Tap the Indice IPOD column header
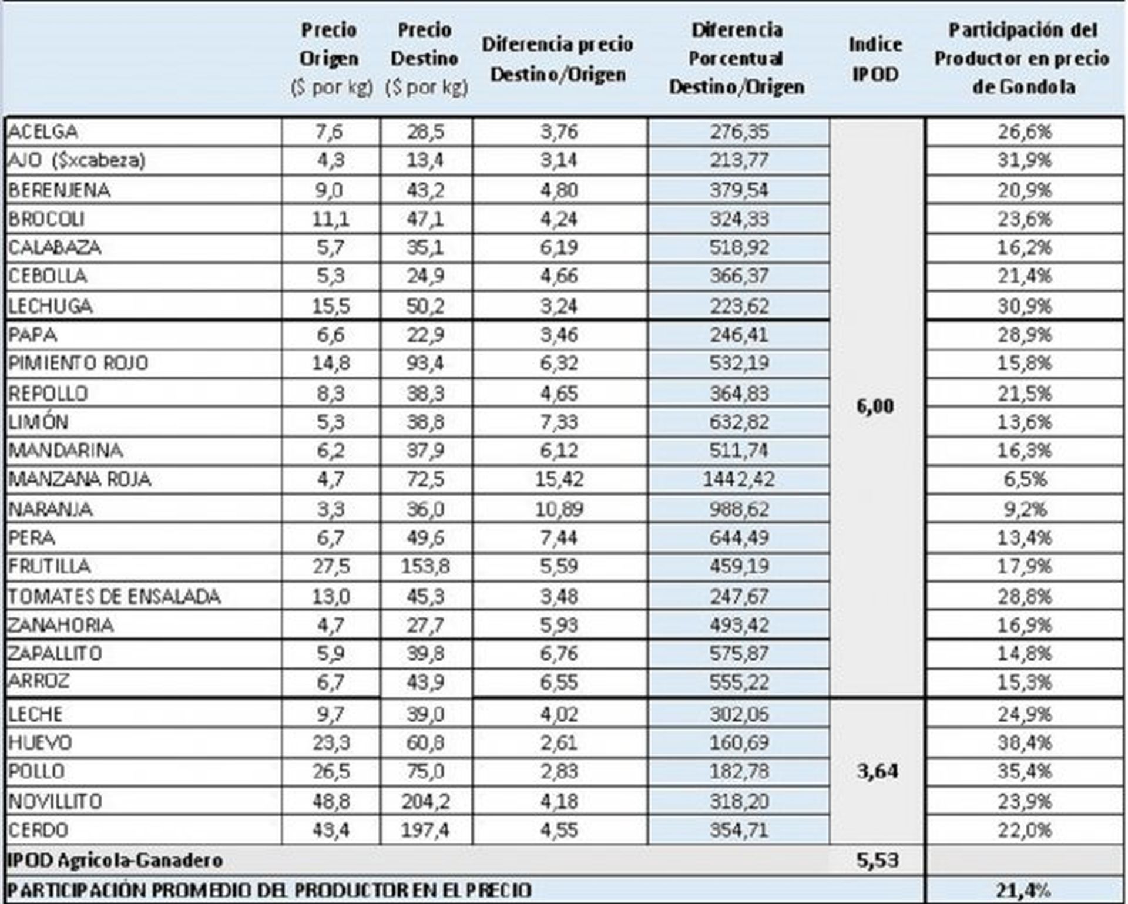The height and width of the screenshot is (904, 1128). pos(875,59)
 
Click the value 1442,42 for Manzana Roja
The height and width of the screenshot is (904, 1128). pos(738,479)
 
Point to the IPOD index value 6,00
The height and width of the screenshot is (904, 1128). pos(875,406)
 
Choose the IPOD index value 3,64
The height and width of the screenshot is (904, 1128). pos(877,771)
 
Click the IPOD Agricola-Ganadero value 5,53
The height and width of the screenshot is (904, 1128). pos(877,860)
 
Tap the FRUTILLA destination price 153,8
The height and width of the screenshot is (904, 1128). pos(425,566)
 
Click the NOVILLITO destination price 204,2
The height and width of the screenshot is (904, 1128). pos(425,801)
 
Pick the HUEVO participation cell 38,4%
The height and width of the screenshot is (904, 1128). pos(1024,742)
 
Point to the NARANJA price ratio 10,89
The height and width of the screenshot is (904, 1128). pos(559,509)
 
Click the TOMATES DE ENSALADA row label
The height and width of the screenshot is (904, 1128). pos(115,597)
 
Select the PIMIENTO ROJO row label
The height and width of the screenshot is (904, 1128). pos(78,363)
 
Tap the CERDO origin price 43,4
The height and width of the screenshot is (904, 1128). pos(331,830)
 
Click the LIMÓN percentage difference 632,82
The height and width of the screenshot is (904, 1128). pos(738,422)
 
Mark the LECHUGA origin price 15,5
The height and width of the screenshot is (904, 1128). pos(331,306)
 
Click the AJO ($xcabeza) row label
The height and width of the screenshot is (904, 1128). pos(77,160)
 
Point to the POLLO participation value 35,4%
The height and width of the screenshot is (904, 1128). pos(1024,771)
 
